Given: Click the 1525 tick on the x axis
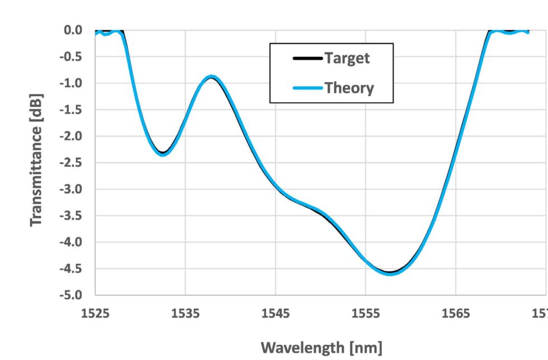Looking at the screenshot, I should coord(96,313).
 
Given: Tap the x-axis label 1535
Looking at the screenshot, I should coord(186,313).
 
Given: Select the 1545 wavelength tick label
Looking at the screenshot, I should coord(276,313).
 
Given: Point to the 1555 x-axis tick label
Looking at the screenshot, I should coord(366,313).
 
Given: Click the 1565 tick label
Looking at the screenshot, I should coord(456,313).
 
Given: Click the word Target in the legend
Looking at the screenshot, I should coord(347,58).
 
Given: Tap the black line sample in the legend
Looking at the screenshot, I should coord(306,58).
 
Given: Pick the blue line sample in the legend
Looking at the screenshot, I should coord(306,88).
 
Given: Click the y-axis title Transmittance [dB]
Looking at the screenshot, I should coord(36,159).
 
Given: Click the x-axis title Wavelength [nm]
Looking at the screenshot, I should coord(322,348).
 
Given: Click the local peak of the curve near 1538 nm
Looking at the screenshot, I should coord(211,77).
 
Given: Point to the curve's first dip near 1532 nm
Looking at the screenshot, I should coord(163,154).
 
